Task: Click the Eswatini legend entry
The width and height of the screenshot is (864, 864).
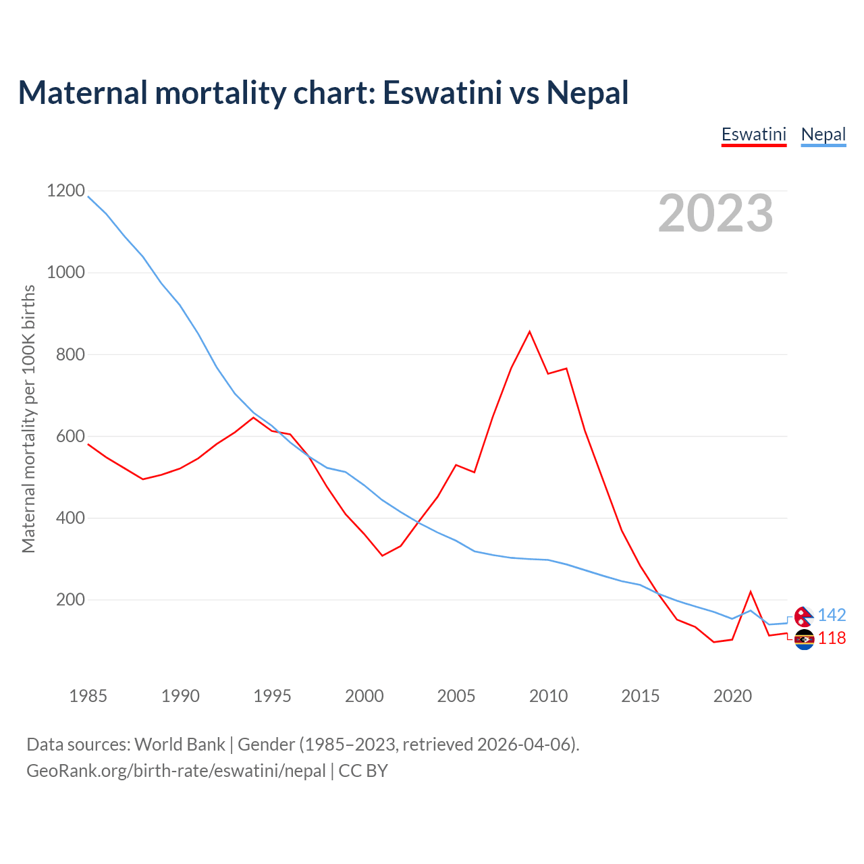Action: click(753, 134)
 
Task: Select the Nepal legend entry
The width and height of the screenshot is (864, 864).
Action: click(823, 134)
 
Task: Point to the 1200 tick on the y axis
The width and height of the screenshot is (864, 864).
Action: click(66, 191)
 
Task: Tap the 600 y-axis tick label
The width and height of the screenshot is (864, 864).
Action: click(66, 436)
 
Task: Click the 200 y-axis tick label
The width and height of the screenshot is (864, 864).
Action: click(66, 599)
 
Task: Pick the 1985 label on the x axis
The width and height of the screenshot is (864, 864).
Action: click(88, 696)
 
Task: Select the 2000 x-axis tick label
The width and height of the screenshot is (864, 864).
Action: click(364, 696)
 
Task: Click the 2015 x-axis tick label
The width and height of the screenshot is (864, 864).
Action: click(640, 696)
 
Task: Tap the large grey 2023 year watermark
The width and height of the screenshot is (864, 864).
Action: click(715, 213)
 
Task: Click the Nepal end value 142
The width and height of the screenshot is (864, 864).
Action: click(832, 615)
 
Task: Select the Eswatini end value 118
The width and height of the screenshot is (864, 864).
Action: click(832, 638)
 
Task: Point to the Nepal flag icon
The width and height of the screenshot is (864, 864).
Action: click(804, 616)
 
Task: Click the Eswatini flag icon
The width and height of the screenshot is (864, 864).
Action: click(804, 639)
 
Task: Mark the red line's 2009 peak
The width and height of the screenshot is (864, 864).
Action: click(530, 331)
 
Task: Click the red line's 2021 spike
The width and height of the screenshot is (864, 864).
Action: click(751, 592)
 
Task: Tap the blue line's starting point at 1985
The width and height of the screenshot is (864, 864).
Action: click(88, 196)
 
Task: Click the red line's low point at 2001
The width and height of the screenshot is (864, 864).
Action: click(382, 556)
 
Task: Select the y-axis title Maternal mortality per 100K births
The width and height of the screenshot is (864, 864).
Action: click(28, 418)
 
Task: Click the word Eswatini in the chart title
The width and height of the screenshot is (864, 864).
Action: click(442, 92)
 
